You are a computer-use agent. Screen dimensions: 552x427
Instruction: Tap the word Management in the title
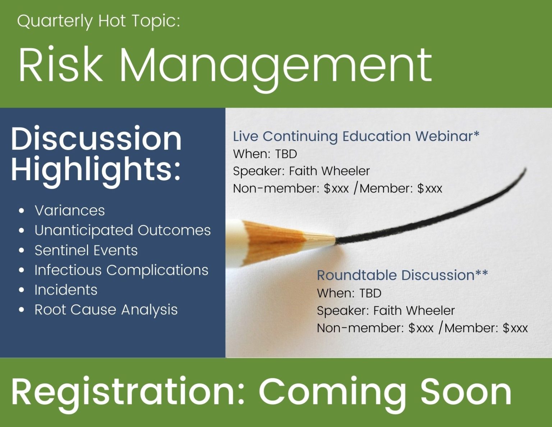[277, 69]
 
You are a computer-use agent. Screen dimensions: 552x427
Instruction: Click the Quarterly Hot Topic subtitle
[98, 21]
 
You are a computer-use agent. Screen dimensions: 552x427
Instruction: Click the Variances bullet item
[70, 210]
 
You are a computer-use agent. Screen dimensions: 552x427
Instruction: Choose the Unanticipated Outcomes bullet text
[123, 230]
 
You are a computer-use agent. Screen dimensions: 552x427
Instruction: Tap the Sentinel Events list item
[86, 250]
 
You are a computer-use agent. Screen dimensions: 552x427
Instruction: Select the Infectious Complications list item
[121, 270]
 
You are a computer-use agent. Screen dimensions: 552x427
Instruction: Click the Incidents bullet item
[66, 290]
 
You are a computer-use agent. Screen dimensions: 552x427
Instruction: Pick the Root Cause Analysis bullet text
[106, 310]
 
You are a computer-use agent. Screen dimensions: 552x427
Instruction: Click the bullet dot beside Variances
[22, 211]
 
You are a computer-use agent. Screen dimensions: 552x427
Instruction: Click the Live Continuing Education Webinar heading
[356, 136]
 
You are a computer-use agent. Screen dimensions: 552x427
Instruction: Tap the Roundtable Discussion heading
[402, 275]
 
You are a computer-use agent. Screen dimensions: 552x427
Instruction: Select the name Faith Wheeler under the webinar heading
[329, 171]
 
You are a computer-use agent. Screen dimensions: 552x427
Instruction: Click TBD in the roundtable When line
[370, 293]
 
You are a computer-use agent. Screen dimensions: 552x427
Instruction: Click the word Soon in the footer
[466, 392]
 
